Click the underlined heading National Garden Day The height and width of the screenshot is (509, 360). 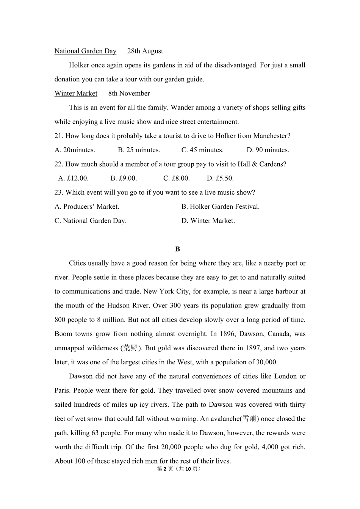pos(85,51)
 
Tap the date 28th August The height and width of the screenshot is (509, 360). pos(145,51)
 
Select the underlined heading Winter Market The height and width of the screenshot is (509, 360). pos(76,94)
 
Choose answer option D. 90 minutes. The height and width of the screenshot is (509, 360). pos(268,150)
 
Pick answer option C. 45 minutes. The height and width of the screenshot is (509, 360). pos(202,150)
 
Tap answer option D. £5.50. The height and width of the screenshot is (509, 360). pos(220,178)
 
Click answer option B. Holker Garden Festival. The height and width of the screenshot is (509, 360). pos(221,207)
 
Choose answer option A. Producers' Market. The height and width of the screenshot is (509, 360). pos(87,207)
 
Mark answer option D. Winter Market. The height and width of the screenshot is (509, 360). pos(208,221)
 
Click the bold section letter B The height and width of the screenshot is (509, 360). pos(178,249)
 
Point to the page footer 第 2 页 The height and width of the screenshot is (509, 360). pos(165,469)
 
